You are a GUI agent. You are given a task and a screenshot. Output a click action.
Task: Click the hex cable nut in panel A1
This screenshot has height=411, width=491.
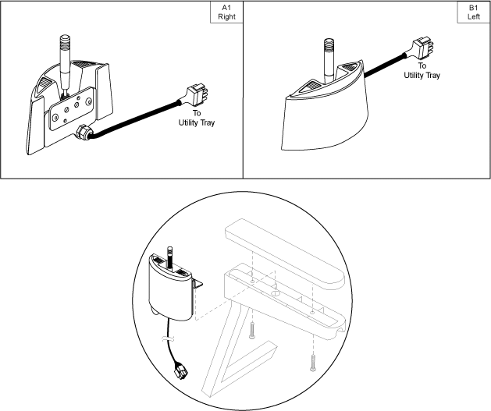point(84,133)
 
